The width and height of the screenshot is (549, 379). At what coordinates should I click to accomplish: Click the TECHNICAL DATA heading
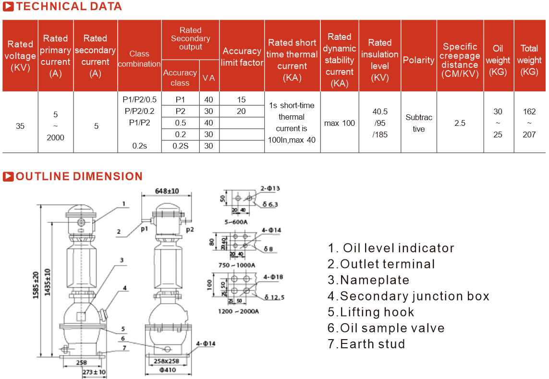pos(69,7)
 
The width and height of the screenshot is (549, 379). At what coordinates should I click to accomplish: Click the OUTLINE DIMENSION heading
pos(79,176)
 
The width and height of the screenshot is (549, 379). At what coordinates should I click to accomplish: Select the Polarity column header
pos(418,60)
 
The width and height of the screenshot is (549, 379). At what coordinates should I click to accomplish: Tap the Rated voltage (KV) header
pos(20,56)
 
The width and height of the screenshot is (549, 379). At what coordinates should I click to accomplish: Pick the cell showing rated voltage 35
pos(20,126)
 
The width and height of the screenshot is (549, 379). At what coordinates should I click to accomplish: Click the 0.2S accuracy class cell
pos(180,146)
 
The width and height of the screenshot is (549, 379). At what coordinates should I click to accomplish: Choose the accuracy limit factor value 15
pos(241,100)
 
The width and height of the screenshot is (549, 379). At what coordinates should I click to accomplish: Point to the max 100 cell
pos(339,123)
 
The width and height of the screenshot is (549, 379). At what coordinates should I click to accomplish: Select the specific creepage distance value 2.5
pos(460,123)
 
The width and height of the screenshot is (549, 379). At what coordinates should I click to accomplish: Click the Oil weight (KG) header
pos(498,60)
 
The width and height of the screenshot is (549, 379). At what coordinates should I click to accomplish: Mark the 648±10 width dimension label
pos(167,191)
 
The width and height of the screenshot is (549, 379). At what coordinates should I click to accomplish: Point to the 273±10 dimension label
pos(94,372)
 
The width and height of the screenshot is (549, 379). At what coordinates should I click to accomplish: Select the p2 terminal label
pos(190,230)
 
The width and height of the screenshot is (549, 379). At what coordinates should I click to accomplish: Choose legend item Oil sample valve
pos(386,328)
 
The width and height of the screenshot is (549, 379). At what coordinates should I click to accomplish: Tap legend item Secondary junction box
pos(409,296)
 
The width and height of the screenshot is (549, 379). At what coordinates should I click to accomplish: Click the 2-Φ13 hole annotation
pos(270,188)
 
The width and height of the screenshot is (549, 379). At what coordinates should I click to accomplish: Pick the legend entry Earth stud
pos(367,344)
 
